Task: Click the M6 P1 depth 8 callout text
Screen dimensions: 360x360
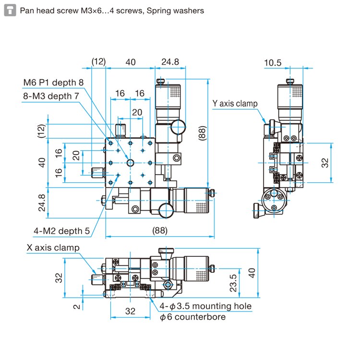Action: pos(53,83)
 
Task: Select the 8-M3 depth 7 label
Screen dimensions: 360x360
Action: pos(51,96)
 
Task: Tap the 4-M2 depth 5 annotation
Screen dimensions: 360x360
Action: pos(62,231)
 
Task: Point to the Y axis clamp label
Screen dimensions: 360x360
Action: pos(235,104)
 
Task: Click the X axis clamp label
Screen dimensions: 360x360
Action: pos(53,248)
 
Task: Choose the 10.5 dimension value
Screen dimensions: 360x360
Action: pos(273,63)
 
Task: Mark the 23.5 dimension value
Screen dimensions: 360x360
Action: pos(233,283)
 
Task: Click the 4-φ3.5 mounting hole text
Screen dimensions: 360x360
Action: pos(205,306)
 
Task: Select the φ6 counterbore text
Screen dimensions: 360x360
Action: pos(192,317)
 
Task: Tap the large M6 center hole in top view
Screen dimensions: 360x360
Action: pos(130,163)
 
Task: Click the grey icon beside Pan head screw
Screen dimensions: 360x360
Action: pos(10,11)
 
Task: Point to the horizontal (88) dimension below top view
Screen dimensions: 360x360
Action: pos(160,230)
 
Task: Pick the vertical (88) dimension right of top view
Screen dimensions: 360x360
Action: pos(202,133)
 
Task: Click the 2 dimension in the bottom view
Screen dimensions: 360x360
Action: pos(77,307)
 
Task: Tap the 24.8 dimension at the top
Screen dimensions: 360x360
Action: pos(170,62)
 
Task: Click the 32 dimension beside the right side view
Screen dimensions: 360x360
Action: pos(325,163)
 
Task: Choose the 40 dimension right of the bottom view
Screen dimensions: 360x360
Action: pos(252,273)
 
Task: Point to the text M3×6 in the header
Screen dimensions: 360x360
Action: pos(91,11)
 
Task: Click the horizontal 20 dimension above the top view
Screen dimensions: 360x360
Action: pos(137,112)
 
